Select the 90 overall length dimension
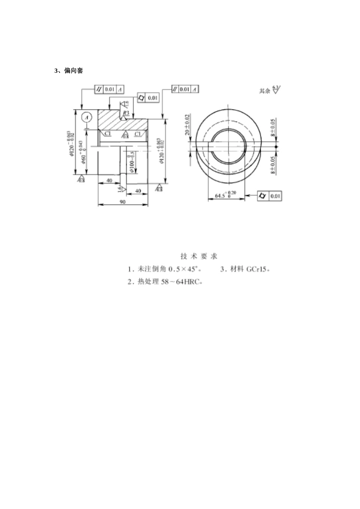122,202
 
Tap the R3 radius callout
126,113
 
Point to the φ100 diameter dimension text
131,161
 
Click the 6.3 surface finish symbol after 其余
276,90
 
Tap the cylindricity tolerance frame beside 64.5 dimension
269,196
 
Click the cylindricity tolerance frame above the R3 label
147,98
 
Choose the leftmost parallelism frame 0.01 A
110,89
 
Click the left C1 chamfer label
108,134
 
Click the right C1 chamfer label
138,134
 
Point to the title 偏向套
74,71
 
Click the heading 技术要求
199,256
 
